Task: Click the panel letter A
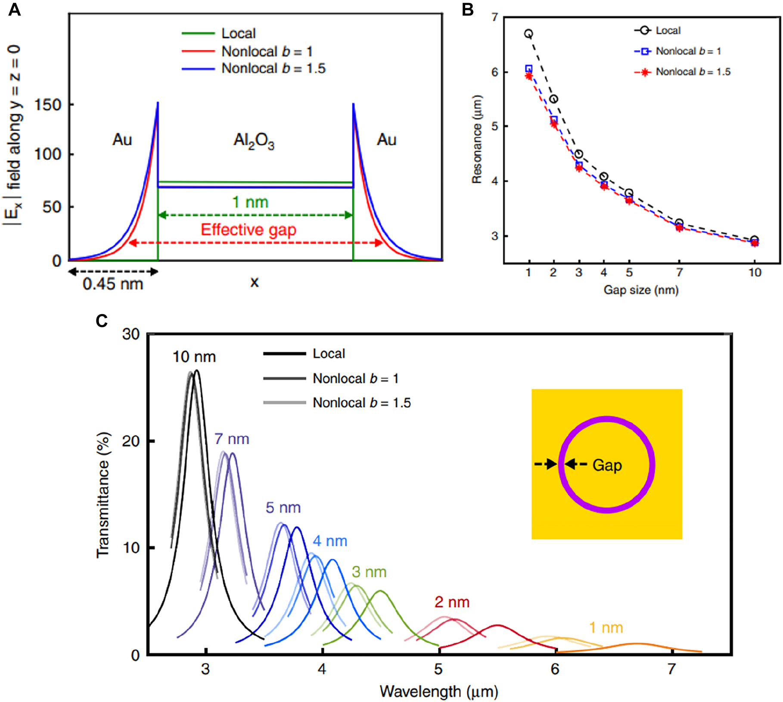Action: pos(14,9)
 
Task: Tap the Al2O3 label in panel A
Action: pos(254,140)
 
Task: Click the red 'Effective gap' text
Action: pos(249,230)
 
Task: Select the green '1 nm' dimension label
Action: pos(250,202)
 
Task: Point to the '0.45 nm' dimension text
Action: pos(113,284)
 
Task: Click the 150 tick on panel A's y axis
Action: pos(47,105)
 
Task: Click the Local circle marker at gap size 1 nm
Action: pos(528,34)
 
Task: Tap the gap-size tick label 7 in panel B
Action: pos(679,272)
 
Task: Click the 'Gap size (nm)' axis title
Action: pos(641,290)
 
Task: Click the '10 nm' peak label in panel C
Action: pos(194,357)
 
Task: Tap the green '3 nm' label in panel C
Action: pos(369,572)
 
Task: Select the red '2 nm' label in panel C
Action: pos(452,602)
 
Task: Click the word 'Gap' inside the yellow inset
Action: pos(607,465)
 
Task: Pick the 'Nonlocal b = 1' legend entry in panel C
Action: pos(355,378)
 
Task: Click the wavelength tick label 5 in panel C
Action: pos(438,669)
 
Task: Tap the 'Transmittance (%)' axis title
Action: pos(103,496)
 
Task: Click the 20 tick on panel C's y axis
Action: pos(131,441)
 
